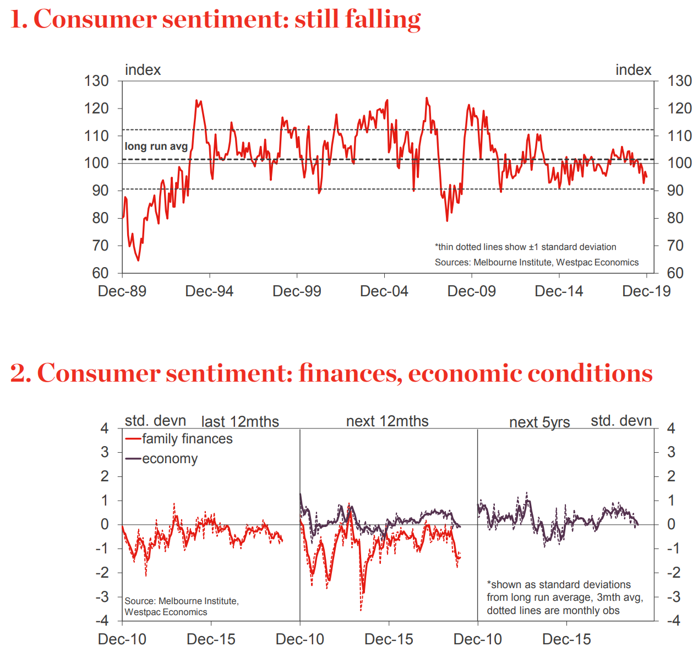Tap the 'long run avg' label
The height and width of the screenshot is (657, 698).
156,146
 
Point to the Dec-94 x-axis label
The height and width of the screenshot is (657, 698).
209,291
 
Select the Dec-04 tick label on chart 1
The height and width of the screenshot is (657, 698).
384,291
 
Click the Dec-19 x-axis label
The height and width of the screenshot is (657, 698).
646,291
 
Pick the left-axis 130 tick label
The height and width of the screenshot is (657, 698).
96,81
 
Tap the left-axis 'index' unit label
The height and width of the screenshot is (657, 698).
143,70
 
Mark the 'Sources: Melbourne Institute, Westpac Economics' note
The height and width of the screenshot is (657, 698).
536,262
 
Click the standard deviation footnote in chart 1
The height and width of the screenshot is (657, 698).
525,247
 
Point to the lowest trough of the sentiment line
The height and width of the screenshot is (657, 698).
138,260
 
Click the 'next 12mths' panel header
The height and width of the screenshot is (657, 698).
387,421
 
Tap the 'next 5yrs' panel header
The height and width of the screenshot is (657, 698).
539,422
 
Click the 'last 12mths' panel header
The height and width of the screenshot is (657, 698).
240,422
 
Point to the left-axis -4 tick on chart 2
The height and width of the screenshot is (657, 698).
103,621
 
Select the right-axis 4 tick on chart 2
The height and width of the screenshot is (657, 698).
670,428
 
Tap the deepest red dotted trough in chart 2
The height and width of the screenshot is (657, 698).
361,610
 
